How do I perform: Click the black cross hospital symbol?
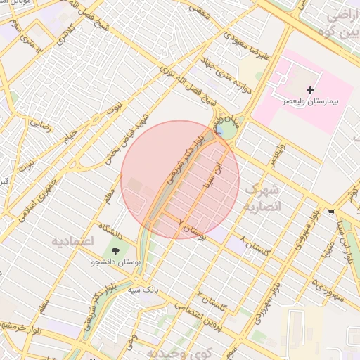tap(311, 91)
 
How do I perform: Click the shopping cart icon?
tap(331, 212)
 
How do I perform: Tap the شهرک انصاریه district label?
tap(264, 198)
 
